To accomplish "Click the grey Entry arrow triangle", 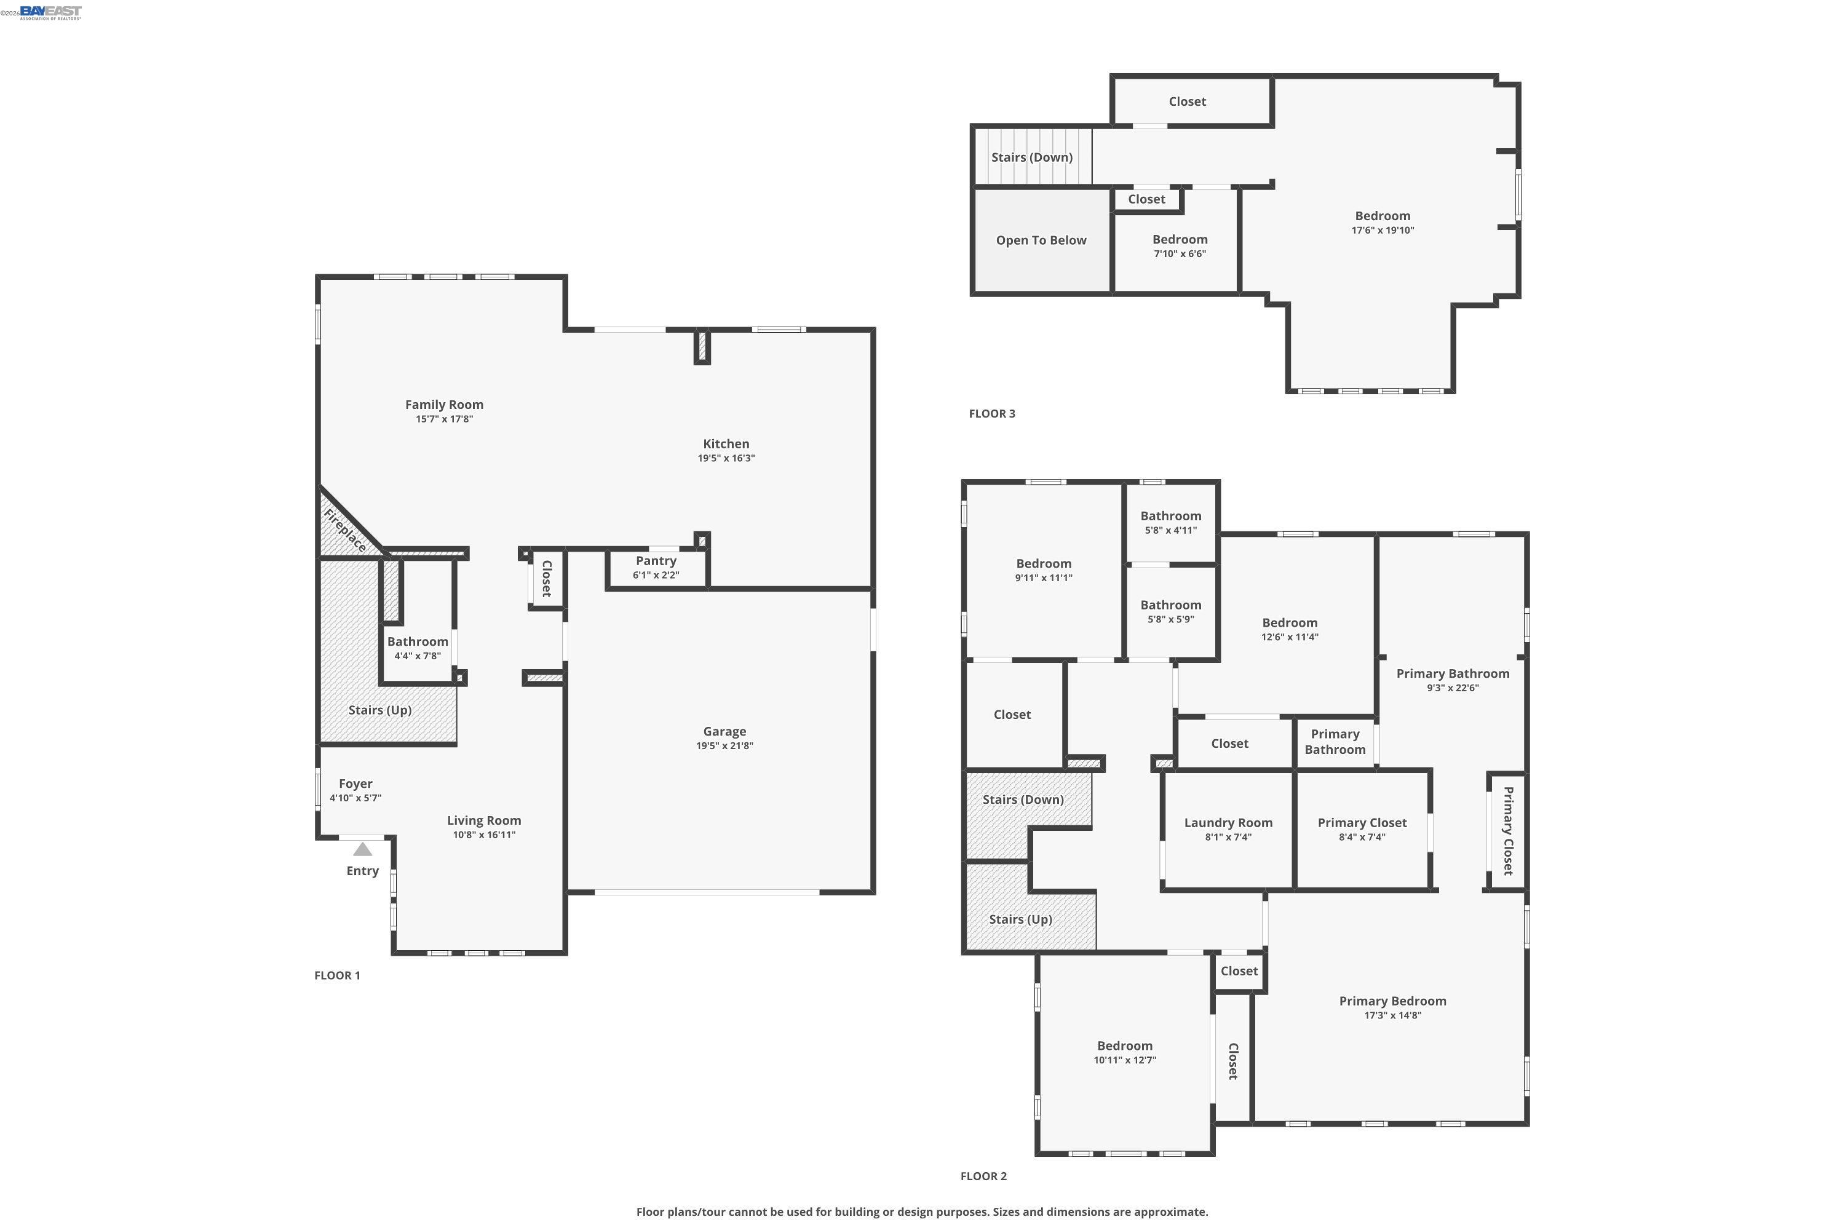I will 362,849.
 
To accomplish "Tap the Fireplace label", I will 345,530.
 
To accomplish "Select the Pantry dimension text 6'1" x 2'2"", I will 656,575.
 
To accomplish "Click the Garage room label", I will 724,731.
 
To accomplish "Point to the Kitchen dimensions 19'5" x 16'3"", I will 726,458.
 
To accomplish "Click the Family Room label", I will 444,405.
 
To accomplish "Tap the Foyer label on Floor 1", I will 355,784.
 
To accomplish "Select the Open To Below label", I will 1041,240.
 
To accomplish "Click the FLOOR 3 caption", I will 991,413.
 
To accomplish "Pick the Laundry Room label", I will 1228,823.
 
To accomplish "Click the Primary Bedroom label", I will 1392,1001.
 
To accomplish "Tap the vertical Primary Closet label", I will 1508,831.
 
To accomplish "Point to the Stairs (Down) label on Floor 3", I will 1031,157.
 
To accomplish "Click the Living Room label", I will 484,820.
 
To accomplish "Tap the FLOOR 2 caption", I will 983,1176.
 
